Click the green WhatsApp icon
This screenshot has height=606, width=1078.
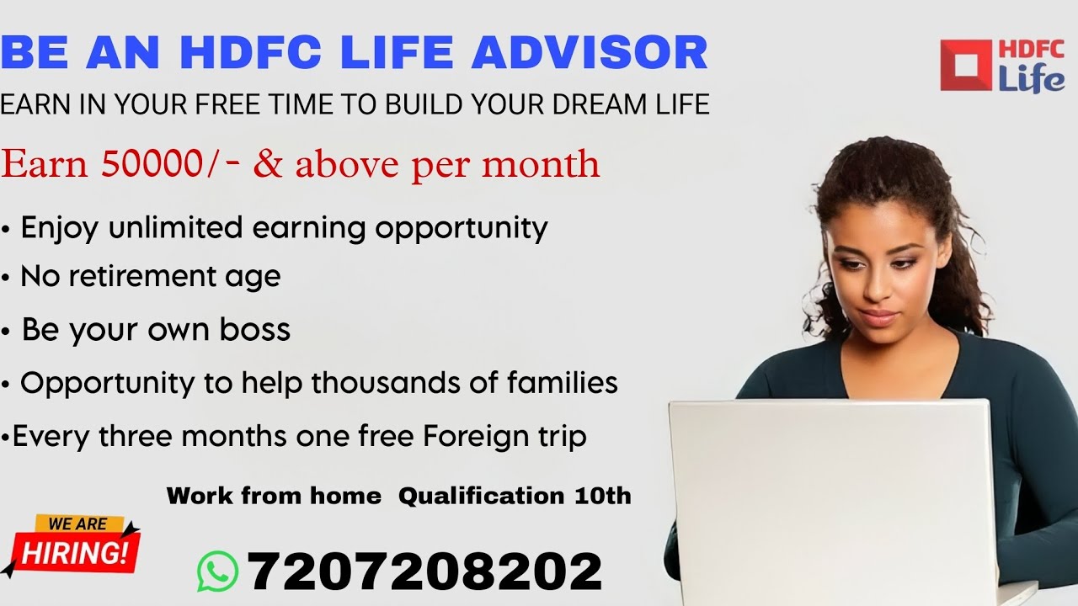(218, 571)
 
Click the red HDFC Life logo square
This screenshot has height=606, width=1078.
(966, 65)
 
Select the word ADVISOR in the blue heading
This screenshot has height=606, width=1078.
(590, 52)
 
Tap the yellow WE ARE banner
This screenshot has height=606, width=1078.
(77, 524)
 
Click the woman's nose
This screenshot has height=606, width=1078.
(875, 295)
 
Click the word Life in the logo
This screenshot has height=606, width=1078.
(1031, 80)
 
